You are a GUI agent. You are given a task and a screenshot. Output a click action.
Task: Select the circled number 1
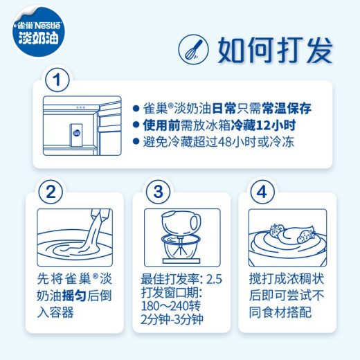pos(57,80)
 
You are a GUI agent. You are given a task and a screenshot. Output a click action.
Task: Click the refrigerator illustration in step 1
pos(77,127)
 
